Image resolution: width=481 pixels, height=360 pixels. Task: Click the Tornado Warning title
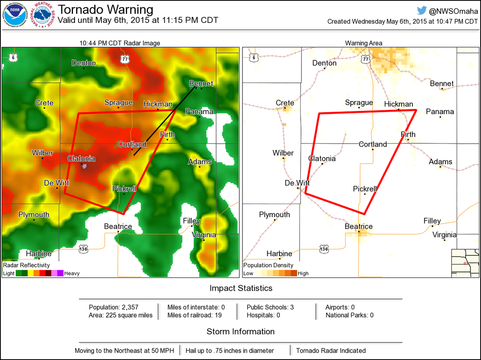pyautogui.click(x=105, y=10)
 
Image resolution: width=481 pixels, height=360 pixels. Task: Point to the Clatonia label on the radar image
pyautogui.click(x=81, y=158)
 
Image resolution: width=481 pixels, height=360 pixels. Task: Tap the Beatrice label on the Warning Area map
pyautogui.click(x=359, y=227)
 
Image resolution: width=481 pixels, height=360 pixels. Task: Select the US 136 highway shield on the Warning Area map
pyautogui.click(x=324, y=249)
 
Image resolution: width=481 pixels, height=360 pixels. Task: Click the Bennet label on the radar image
pyautogui.click(x=201, y=83)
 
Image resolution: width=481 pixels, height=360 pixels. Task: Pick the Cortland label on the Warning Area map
pyautogui.click(x=373, y=144)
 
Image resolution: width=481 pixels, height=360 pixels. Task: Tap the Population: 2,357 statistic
pyautogui.click(x=113, y=307)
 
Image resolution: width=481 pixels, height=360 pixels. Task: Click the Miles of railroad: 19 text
pyautogui.click(x=195, y=315)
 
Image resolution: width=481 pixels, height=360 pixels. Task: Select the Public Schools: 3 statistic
pyautogui.click(x=270, y=307)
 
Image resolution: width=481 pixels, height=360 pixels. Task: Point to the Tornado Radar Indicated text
pyautogui.click(x=331, y=350)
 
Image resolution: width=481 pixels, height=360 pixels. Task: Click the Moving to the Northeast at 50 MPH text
pyautogui.click(x=124, y=350)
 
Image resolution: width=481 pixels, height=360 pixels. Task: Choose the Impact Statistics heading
pyautogui.click(x=240, y=288)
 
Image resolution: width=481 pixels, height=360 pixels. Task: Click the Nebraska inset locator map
pyautogui.click(x=465, y=263)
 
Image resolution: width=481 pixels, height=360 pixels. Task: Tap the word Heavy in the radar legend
pyautogui.click(x=72, y=273)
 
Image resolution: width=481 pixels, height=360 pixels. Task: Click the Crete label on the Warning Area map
pyautogui.click(x=285, y=103)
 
